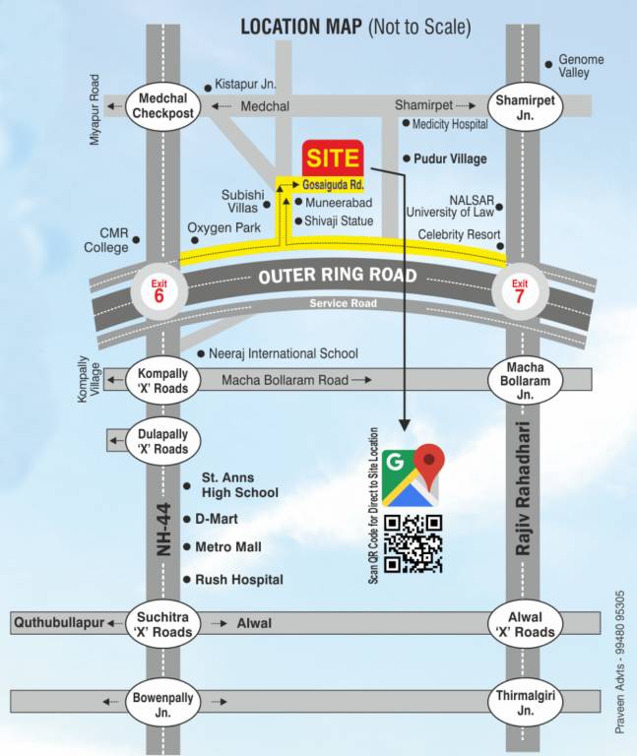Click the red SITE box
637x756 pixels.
(333, 158)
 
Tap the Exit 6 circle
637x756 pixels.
(159, 291)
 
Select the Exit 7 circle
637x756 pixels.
(518, 291)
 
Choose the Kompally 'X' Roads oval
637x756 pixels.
(163, 379)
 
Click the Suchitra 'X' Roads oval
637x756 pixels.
(163, 622)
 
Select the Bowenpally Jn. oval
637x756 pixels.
(163, 702)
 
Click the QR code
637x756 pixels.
(413, 543)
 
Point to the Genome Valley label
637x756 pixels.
(581, 66)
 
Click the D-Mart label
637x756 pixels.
(217, 519)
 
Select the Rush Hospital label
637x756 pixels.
(239, 580)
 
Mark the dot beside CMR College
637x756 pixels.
(136, 239)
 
